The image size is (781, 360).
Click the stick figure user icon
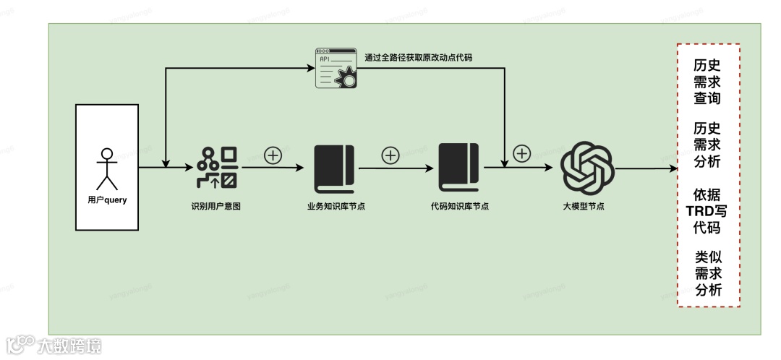(106, 168)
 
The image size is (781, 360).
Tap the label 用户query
(106, 200)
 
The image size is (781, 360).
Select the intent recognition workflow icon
(218, 167)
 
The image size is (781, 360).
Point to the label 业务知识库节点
(335, 206)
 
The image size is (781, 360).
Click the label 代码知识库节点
(459, 206)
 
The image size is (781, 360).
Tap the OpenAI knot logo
(587, 168)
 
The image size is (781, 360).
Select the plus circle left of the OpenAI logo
(522, 153)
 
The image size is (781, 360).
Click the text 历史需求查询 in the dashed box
(707, 80)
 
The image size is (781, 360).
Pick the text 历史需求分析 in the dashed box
(707, 145)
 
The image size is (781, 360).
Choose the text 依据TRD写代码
(707, 212)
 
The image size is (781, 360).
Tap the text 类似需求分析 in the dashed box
(707, 274)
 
